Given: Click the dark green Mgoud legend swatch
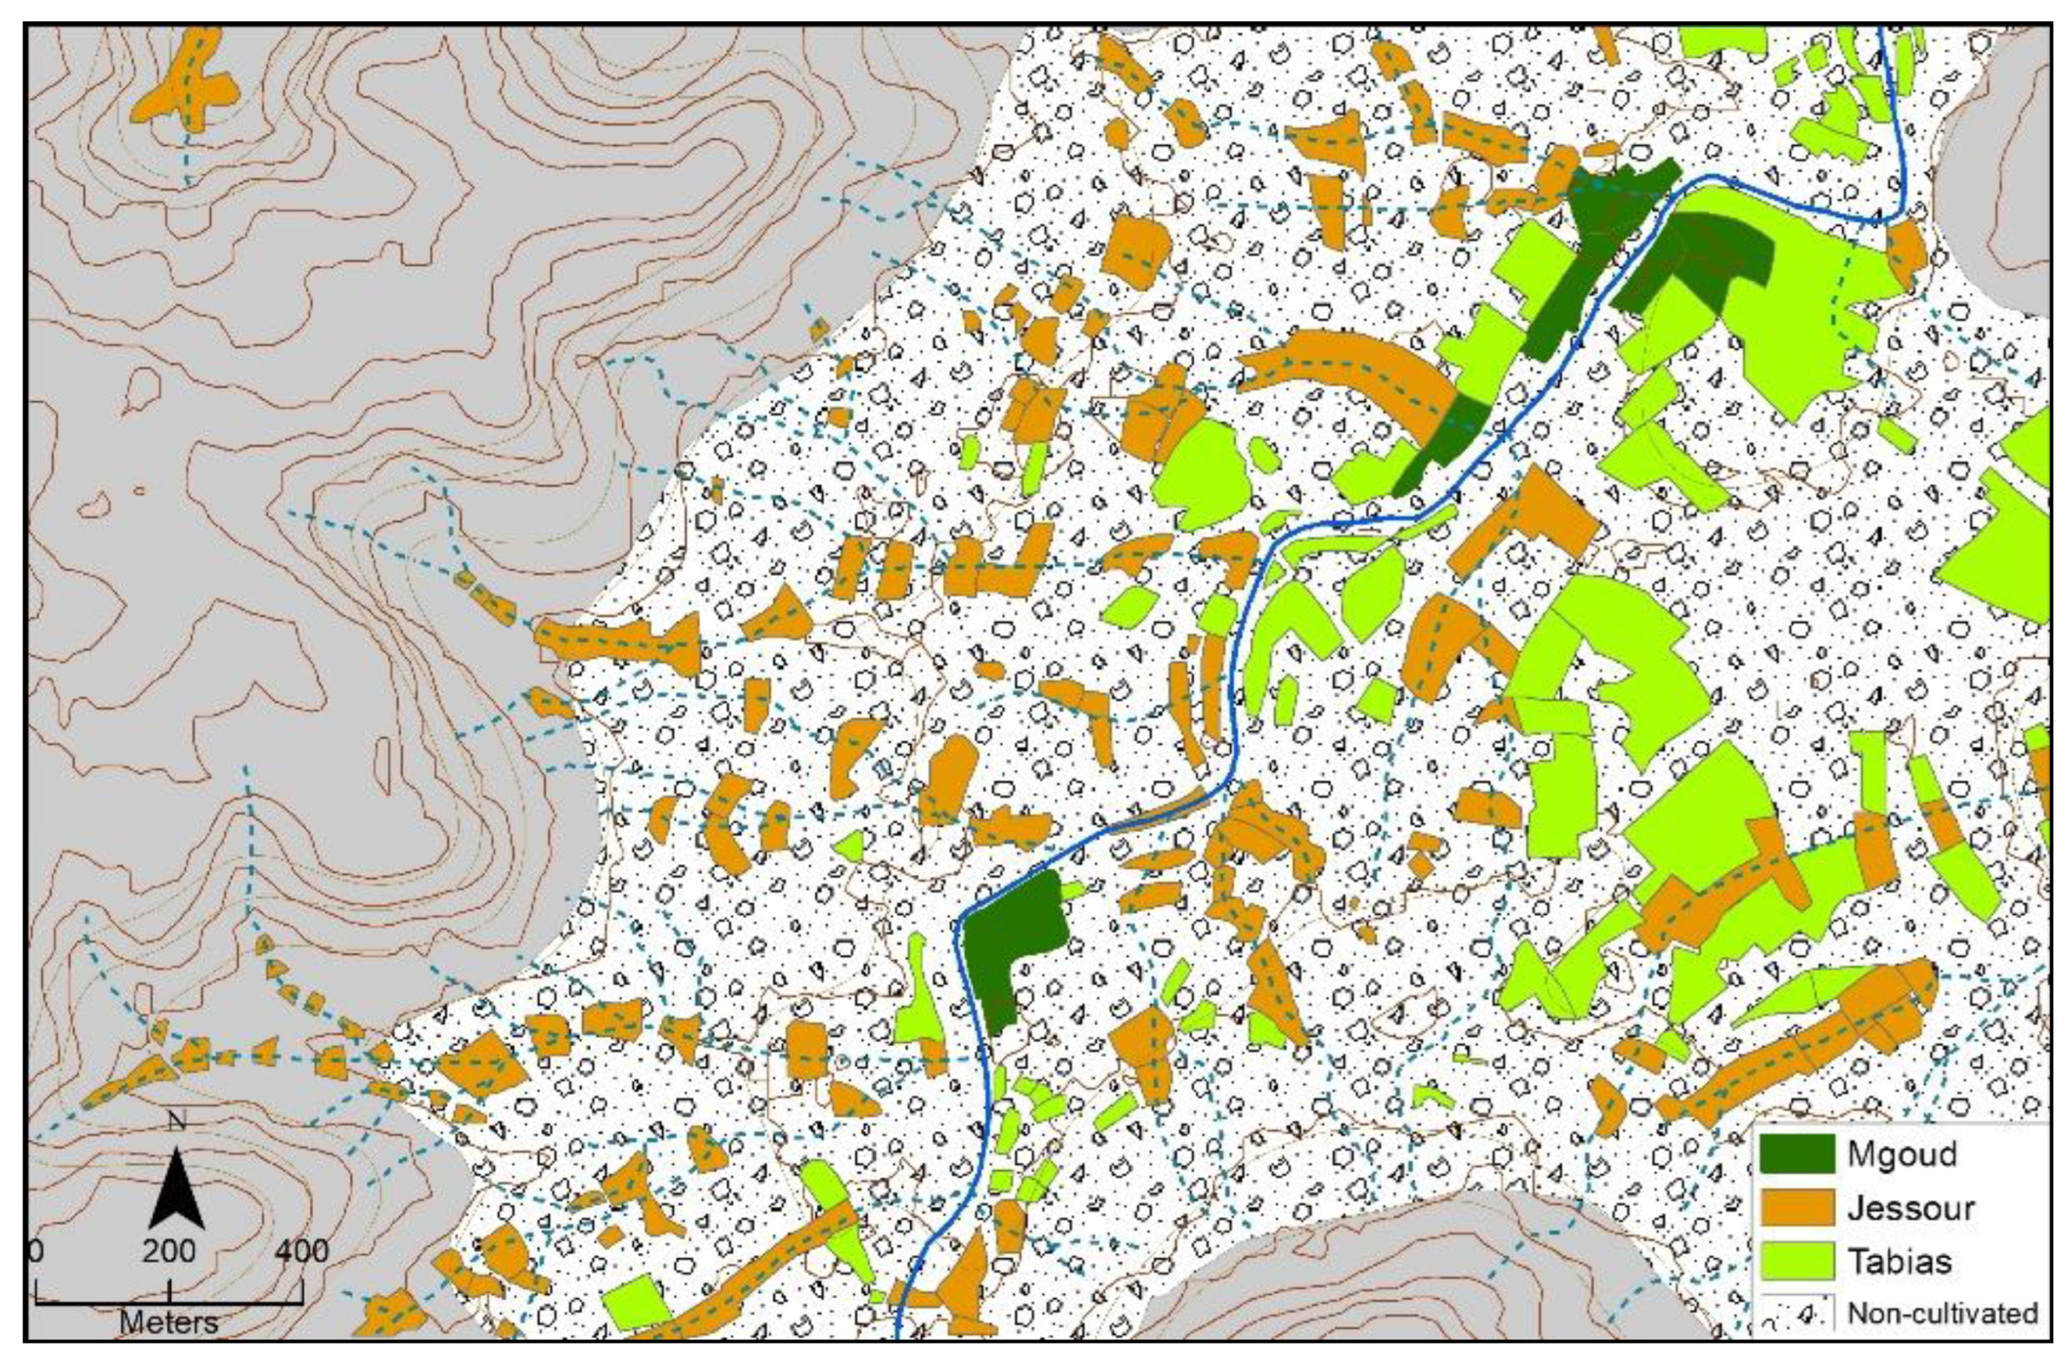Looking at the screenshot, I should (1797, 1154).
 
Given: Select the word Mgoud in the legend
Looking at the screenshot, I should (1902, 1154).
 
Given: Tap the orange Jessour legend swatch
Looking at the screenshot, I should (1797, 1208).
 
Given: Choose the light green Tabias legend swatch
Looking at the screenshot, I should (1797, 1261).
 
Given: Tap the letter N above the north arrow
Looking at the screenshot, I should (176, 1120).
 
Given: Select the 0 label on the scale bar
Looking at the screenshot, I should (36, 1251).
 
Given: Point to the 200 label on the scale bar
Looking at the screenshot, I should (169, 1251).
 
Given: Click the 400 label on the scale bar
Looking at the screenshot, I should (302, 1251).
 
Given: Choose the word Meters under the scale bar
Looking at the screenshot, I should (169, 1322).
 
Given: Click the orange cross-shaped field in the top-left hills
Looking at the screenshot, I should (189, 89).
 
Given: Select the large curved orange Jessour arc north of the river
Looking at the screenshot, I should (1353, 365).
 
